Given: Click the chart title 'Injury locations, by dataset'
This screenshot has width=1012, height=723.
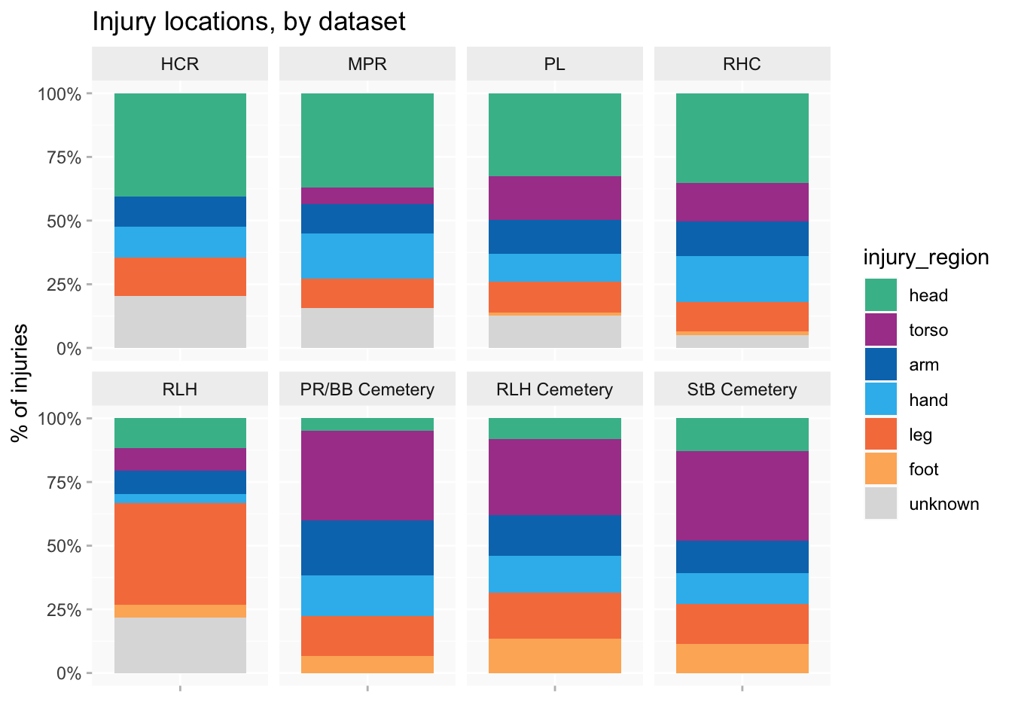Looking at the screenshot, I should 248,22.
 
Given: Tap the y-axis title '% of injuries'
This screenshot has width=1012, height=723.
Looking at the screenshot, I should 20,383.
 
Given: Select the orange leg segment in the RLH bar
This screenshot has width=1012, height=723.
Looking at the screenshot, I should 180,554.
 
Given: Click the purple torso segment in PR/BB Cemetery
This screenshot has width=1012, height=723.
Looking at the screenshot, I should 367,475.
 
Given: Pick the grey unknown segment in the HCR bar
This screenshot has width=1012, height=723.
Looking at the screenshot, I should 180,322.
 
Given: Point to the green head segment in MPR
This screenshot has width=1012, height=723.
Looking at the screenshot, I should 367,140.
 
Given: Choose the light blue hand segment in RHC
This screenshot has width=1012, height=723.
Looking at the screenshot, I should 742,279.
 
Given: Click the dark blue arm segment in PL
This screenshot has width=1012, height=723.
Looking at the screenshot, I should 555,236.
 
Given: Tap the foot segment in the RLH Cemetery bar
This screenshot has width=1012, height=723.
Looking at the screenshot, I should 555,655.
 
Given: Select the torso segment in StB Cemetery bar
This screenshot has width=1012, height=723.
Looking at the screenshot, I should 742,496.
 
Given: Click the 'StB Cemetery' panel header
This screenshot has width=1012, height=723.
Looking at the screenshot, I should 742,389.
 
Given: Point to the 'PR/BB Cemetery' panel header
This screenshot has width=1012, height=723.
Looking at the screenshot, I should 367,389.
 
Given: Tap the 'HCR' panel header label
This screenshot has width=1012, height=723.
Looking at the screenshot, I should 180,64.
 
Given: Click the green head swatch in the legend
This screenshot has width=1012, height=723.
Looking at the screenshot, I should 881,295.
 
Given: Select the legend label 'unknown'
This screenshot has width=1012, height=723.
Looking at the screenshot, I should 943,504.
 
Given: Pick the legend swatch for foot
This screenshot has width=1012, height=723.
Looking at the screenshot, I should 881,469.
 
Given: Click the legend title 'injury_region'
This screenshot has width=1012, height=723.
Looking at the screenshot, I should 925,258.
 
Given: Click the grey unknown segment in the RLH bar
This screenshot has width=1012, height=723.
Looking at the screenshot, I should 180,645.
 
